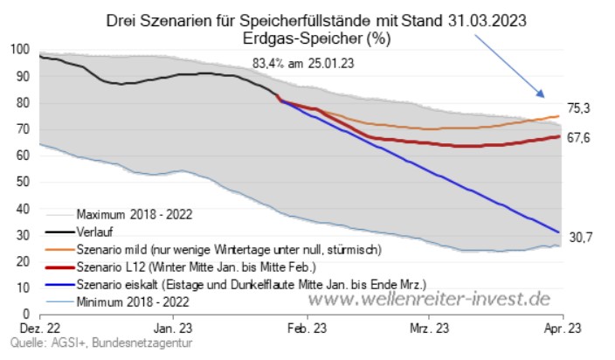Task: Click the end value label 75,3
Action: click(x=580, y=108)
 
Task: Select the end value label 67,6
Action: click(x=580, y=137)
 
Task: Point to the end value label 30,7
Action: click(x=580, y=236)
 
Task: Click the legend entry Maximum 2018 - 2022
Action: click(x=135, y=214)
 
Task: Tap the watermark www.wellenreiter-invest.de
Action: click(x=432, y=299)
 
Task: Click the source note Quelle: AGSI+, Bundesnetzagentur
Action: click(x=96, y=344)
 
